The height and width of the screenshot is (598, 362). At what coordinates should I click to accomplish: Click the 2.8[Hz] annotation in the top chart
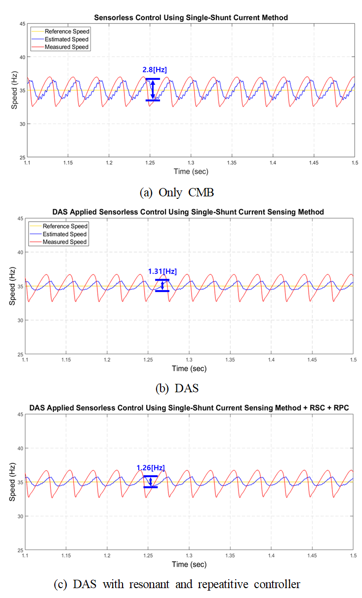point(154,70)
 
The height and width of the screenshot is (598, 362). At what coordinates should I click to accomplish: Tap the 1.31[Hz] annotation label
point(162,271)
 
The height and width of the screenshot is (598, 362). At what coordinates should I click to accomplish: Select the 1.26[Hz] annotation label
point(151,467)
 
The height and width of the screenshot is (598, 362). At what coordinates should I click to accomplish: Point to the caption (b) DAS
point(177,388)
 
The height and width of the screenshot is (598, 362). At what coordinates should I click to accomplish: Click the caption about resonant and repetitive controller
point(177,585)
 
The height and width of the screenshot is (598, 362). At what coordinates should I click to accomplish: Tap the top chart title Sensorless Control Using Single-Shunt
point(190,17)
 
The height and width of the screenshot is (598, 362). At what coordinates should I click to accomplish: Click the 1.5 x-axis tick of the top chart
point(353,162)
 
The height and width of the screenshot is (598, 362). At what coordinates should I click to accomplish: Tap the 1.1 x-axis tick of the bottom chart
point(26,556)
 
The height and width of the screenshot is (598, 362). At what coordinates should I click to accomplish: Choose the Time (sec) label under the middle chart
point(190,368)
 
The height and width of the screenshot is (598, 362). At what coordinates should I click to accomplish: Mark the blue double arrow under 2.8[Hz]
point(153,89)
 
